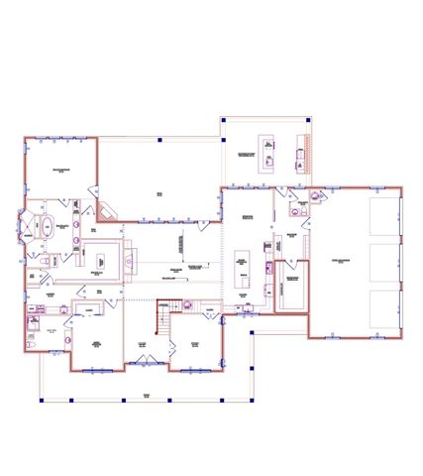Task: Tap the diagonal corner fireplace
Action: [x=108, y=211]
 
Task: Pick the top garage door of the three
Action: [x=384, y=217]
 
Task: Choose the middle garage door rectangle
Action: [x=384, y=264]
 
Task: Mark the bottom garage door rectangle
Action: [x=384, y=310]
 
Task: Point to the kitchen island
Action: [x=243, y=262]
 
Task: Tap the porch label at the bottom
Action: [x=147, y=394]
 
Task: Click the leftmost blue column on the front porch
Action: [x=42, y=401]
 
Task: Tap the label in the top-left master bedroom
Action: [x=59, y=171]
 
